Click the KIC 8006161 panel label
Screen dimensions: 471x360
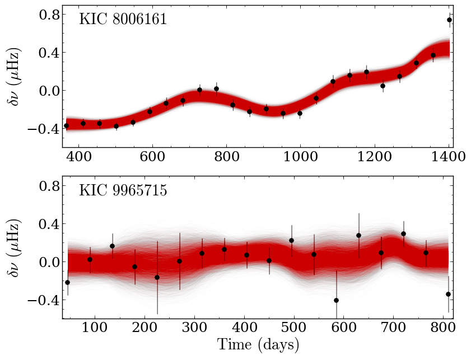pyautogui.click(x=123, y=20)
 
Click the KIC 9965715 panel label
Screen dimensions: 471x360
pyautogui.click(x=123, y=190)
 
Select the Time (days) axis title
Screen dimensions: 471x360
pyautogui.click(x=258, y=344)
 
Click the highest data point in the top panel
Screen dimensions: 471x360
pyautogui.click(x=449, y=20)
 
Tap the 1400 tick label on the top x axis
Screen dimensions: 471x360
pyautogui.click(x=448, y=156)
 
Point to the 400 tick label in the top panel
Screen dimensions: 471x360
pyautogui.click(x=79, y=156)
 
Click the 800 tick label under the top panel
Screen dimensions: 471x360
pyautogui.click(x=226, y=156)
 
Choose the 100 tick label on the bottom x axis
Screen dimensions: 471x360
pyautogui.click(x=95, y=328)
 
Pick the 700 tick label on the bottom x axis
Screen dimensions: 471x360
pyautogui.click(x=394, y=328)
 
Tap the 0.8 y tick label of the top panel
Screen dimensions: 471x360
pyautogui.click(x=48, y=14)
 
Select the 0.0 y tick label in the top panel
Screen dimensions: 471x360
pyautogui.click(x=48, y=90)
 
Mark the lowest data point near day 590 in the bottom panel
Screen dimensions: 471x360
pyautogui.click(x=337, y=300)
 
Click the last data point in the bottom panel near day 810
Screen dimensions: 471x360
pyautogui.click(x=449, y=294)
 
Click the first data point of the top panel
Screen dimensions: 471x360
pyautogui.click(x=67, y=125)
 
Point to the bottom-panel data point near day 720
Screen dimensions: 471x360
pyautogui.click(x=403, y=233)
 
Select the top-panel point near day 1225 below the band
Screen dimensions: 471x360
pyautogui.click(x=383, y=86)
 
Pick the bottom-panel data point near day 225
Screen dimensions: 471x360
pyautogui.click(x=157, y=277)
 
